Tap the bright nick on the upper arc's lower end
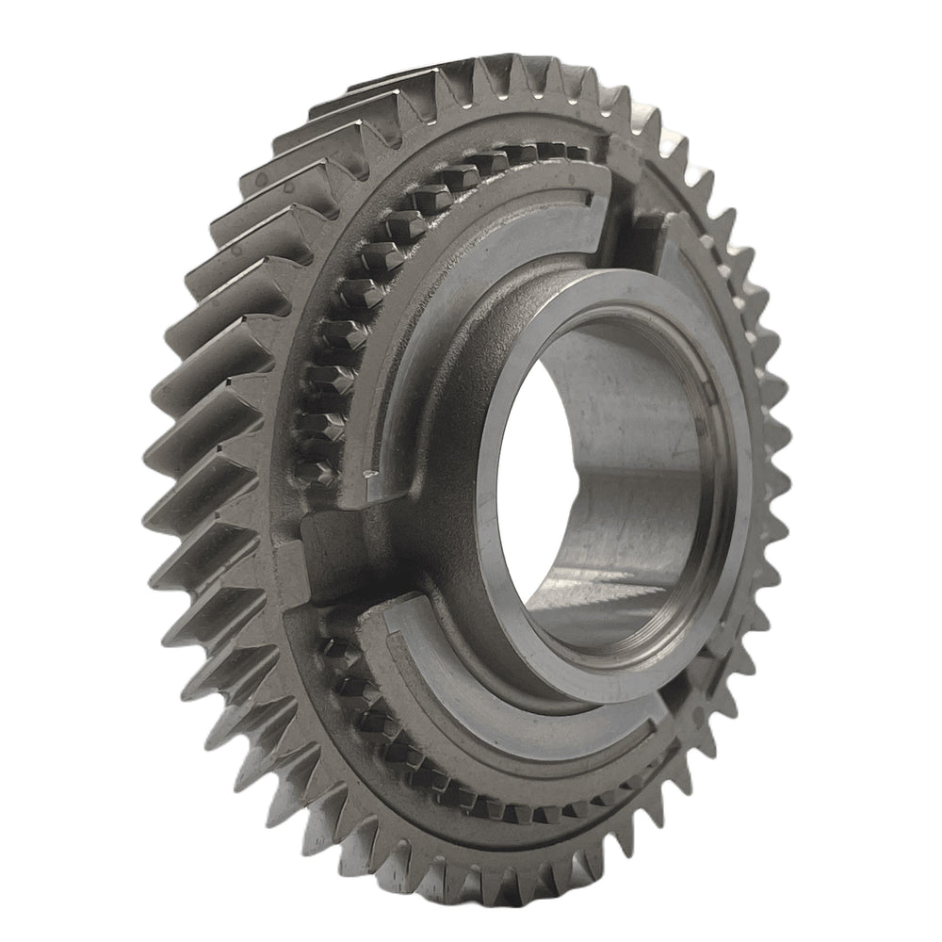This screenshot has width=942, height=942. [365, 465]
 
